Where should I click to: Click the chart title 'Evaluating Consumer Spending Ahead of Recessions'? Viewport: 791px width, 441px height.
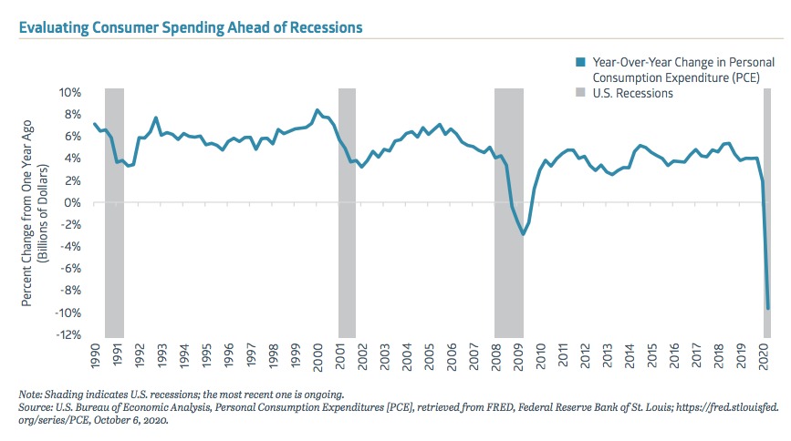coord(189,27)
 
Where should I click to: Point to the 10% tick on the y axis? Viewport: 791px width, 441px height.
coord(70,92)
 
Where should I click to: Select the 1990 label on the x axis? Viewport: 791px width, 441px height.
coord(95,354)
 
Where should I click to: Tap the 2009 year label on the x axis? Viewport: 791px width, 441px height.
coord(518,354)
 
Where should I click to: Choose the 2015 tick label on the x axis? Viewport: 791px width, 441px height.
coord(651,354)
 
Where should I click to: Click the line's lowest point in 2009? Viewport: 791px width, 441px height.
coord(523,234)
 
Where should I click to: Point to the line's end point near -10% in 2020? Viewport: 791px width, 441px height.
coord(767,308)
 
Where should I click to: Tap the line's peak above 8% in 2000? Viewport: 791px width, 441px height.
coord(317,110)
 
